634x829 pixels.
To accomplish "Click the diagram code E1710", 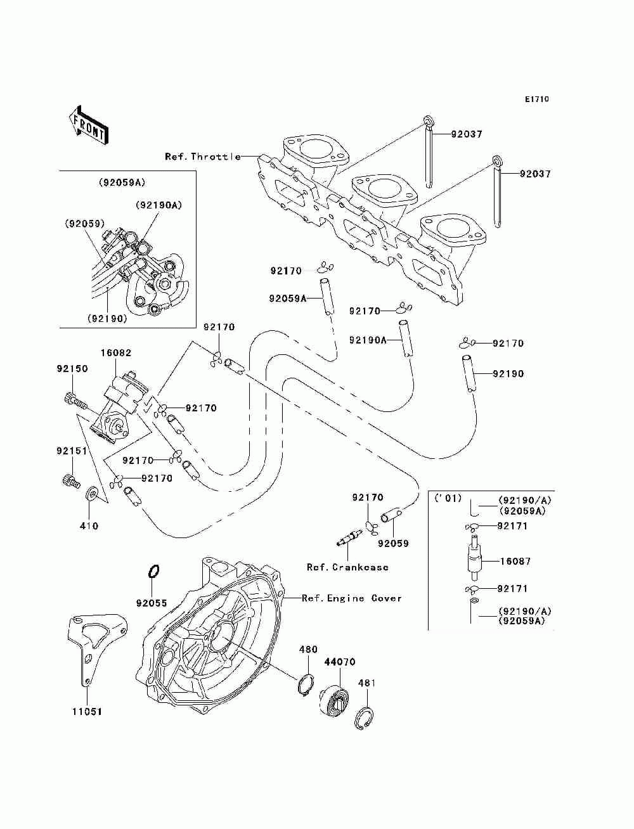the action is [x=536, y=100].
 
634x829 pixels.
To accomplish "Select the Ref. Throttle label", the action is [x=203, y=157].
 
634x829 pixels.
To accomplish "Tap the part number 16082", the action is [x=116, y=353].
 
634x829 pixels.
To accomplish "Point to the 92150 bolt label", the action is [x=72, y=369].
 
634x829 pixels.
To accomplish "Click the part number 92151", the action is [x=72, y=451].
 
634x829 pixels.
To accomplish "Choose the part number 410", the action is [x=89, y=525].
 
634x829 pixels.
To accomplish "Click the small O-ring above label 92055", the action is [x=153, y=571].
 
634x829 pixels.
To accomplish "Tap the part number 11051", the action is [x=87, y=712].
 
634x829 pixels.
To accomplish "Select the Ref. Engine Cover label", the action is [x=352, y=598].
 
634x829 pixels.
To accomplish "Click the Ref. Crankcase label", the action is [x=347, y=567].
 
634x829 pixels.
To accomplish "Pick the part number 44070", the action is [x=340, y=662].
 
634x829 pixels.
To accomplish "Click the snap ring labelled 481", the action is [x=365, y=717].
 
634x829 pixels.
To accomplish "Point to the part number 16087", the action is [x=515, y=562].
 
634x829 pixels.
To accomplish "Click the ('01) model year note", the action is [x=448, y=499].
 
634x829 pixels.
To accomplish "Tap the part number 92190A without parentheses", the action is [x=368, y=340].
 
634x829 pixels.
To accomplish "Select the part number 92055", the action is [x=152, y=603].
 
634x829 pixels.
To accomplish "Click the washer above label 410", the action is [x=92, y=493].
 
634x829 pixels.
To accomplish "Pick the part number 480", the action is [x=308, y=649].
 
